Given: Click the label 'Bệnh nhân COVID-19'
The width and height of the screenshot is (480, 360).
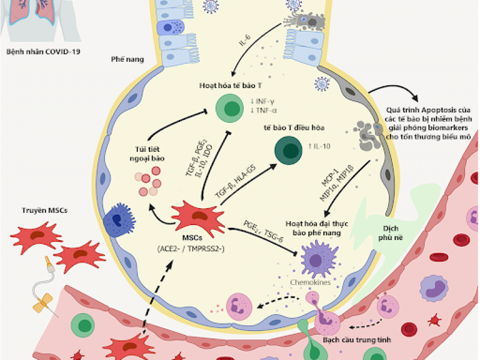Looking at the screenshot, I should click(x=43, y=52).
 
